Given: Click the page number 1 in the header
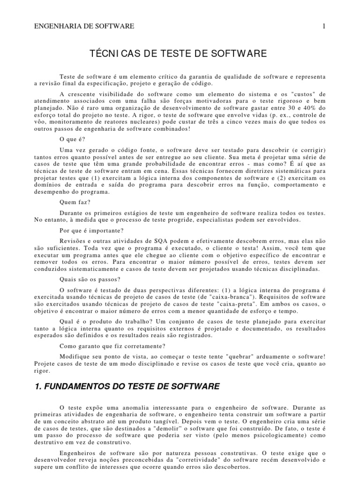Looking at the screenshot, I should (x=323, y=27).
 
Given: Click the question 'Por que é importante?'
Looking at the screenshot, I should (x=92, y=230).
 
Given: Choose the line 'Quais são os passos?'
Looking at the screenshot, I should (x=90, y=279).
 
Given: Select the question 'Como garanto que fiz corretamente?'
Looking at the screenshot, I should (x=112, y=346).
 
